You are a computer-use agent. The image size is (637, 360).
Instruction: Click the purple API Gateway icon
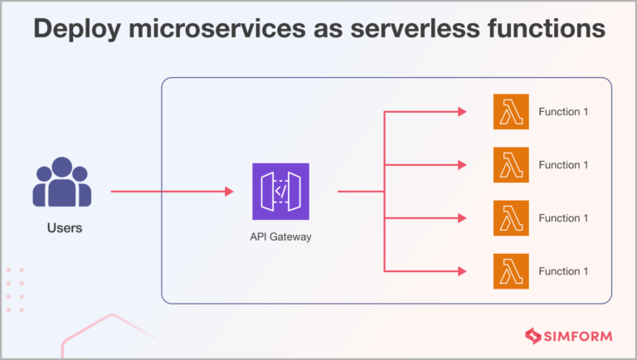tap(280, 192)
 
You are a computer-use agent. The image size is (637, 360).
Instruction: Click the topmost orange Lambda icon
tap(510, 112)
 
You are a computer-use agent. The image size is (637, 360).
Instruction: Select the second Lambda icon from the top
tap(510, 165)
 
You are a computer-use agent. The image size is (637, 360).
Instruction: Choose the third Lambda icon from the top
tap(510, 218)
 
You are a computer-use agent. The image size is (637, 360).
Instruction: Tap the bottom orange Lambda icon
tap(510, 271)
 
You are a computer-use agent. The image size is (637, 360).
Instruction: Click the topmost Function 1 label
tap(563, 112)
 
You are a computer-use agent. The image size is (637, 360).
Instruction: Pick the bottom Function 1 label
tap(563, 271)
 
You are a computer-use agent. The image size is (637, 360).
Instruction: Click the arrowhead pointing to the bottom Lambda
tap(462, 271)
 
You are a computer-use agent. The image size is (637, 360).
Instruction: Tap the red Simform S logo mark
tap(533, 336)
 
